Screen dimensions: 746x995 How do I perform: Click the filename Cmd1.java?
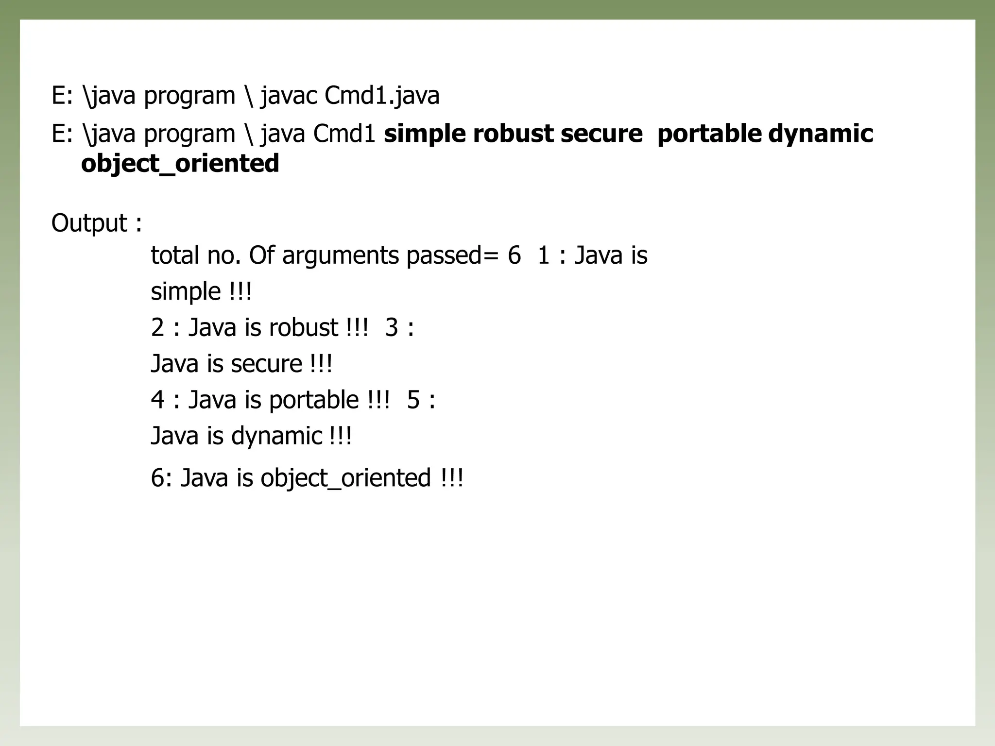pyautogui.click(x=382, y=95)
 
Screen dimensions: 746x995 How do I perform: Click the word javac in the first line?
pyautogui.click(x=290, y=95)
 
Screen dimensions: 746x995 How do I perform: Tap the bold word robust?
pyautogui.click(x=513, y=134)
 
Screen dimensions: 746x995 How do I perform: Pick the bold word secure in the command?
pyautogui.click(x=601, y=134)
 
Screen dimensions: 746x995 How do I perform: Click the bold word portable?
pyautogui.click(x=709, y=134)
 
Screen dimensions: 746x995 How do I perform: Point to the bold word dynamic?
pyautogui.click(x=821, y=134)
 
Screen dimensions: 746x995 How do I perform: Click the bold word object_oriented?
pyautogui.click(x=180, y=163)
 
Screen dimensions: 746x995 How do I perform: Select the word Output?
pyautogui.click(x=89, y=223)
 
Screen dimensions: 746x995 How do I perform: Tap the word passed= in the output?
pyautogui.click(x=453, y=255)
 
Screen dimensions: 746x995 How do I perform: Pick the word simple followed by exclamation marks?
pyautogui.click(x=186, y=292)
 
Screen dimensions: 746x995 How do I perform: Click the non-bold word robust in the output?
pyautogui.click(x=303, y=328)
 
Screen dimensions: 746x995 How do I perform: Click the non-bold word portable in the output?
pyautogui.click(x=313, y=400)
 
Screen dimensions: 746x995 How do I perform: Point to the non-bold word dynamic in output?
pyautogui.click(x=276, y=436)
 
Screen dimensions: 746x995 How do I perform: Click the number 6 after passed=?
pyautogui.click(x=514, y=255)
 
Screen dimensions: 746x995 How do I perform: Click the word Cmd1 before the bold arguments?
pyautogui.click(x=344, y=134)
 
